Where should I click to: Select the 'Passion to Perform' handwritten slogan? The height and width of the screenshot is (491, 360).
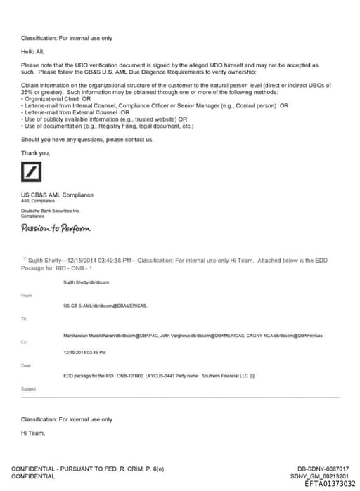click(x=56, y=228)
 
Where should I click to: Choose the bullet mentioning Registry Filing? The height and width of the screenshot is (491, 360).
click(x=108, y=126)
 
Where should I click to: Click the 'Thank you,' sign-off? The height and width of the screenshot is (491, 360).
click(x=35, y=152)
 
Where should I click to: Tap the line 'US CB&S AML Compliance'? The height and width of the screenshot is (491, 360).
click(x=57, y=195)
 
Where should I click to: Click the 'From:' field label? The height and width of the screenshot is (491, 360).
click(x=27, y=295)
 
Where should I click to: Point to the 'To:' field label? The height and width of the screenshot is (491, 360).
click(x=25, y=318)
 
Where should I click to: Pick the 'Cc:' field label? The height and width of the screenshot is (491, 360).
click(x=25, y=341)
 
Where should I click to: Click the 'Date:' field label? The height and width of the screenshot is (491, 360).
click(x=27, y=365)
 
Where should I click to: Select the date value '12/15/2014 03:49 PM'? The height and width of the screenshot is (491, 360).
click(x=84, y=352)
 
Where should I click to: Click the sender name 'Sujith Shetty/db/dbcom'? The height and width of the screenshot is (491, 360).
click(x=86, y=282)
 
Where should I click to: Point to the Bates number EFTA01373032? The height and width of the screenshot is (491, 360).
click(x=326, y=483)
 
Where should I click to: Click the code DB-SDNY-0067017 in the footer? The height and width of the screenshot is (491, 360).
click(x=323, y=469)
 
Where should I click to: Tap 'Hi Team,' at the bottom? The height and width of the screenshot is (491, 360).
click(x=33, y=433)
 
